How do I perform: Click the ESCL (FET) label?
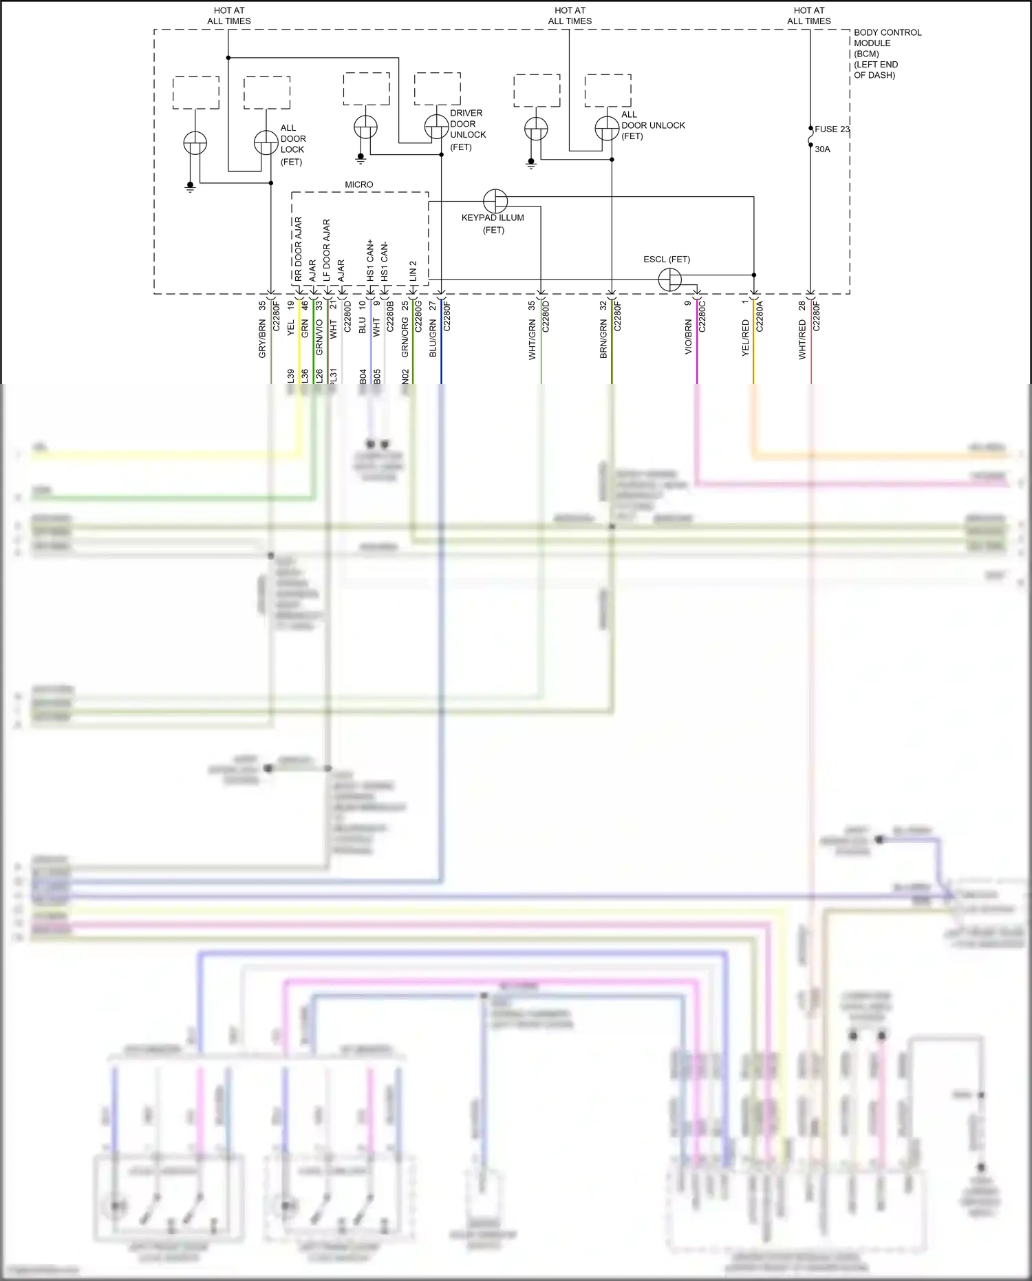(666, 260)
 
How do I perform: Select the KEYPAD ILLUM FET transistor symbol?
(495, 201)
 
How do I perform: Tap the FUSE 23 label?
(832, 129)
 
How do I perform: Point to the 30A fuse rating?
(822, 149)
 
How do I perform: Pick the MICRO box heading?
(358, 184)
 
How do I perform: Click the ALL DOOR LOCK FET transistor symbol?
(266, 142)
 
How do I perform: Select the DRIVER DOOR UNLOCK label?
(467, 129)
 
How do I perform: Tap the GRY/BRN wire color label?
(262, 339)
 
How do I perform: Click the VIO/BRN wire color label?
(689, 337)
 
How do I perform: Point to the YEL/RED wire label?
(746, 337)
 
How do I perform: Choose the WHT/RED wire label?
(802, 339)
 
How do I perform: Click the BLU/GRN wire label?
(433, 337)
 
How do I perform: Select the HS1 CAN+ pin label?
(370, 260)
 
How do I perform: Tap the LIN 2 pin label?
(413, 271)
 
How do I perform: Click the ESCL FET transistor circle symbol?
(669, 279)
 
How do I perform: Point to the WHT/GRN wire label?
(532, 339)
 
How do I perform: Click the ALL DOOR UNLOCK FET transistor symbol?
(607, 128)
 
